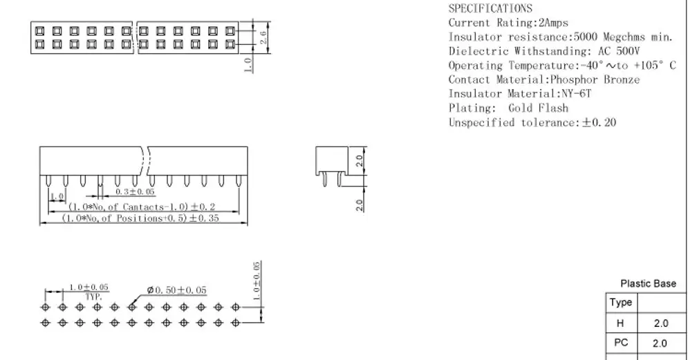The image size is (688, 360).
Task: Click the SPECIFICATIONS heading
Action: click(x=490, y=8)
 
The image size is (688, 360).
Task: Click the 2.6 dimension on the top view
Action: click(x=263, y=37)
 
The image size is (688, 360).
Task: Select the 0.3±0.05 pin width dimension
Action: click(x=135, y=191)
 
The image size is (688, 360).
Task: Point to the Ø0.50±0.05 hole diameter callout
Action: click(x=176, y=290)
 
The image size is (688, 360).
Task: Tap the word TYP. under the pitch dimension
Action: click(x=93, y=297)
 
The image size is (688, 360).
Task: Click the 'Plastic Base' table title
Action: click(x=648, y=284)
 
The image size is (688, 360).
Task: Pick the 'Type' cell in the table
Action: click(x=620, y=303)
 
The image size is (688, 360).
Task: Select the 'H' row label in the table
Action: click(x=620, y=323)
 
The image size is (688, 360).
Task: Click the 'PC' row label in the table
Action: click(x=621, y=343)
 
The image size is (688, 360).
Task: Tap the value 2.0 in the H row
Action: click(x=661, y=323)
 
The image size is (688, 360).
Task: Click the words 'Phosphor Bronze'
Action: click(x=595, y=79)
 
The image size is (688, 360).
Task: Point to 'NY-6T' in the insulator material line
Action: click(x=577, y=93)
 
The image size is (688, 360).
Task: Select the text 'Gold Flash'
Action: click(x=539, y=108)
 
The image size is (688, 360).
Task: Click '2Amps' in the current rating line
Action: click(x=553, y=23)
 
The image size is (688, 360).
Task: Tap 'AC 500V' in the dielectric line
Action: click(x=619, y=51)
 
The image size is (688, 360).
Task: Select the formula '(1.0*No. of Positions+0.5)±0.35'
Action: click(x=140, y=218)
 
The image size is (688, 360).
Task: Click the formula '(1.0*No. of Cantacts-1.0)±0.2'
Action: click(x=142, y=207)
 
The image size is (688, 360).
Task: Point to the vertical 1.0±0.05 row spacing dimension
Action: click(x=257, y=281)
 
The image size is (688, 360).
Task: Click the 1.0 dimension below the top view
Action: click(x=248, y=65)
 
